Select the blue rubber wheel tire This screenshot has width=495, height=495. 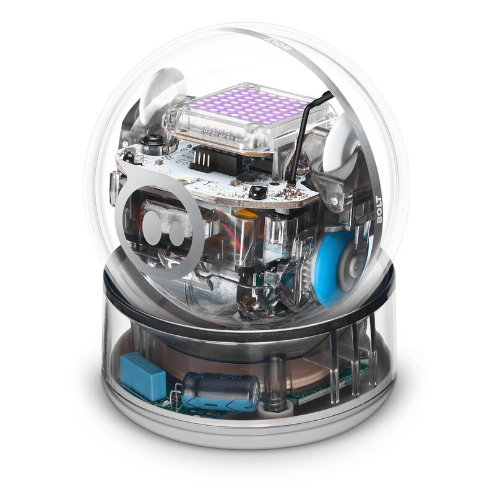pos(331,272)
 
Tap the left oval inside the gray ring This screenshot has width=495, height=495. pos(153,223)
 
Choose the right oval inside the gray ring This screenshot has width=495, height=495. pos(177,231)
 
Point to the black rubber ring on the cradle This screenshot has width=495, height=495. pos(247,331)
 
